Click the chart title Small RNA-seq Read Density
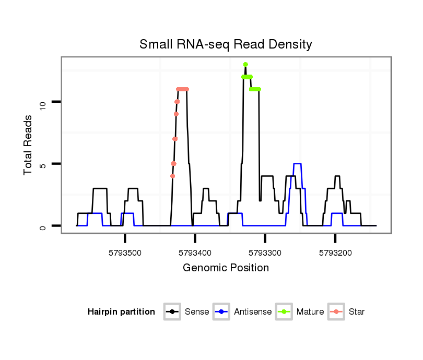[x=226, y=44]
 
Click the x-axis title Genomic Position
[x=226, y=268]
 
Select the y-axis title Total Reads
[x=29, y=145]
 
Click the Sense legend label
[x=197, y=312]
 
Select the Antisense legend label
[x=253, y=312]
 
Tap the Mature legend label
[x=310, y=312]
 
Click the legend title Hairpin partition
[x=121, y=312]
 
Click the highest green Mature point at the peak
[x=245, y=65]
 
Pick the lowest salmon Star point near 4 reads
[x=173, y=176]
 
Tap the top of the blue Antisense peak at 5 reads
[x=298, y=164]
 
